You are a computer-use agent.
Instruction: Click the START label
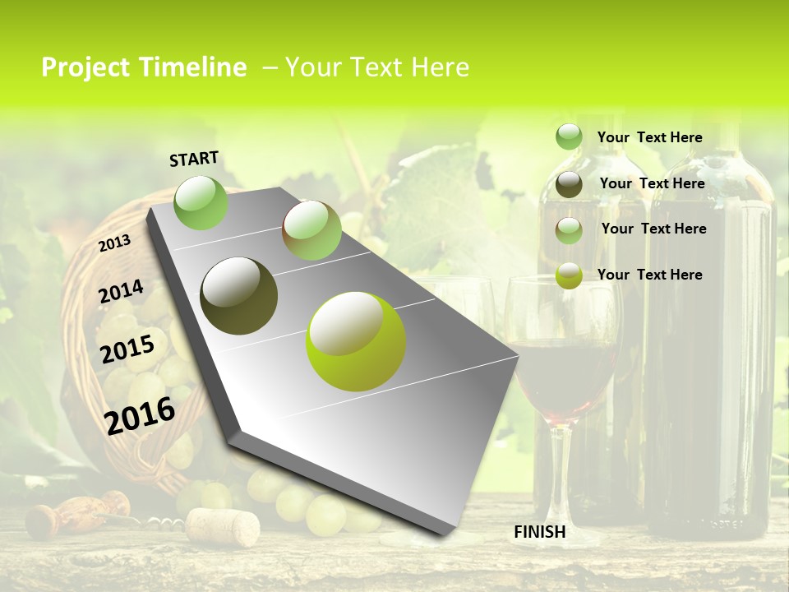pos(194,159)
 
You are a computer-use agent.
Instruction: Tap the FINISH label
pos(540,532)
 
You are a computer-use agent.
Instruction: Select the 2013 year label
pos(115,243)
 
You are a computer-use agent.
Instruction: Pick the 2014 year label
pos(121,292)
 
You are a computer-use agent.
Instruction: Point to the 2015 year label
pos(127,349)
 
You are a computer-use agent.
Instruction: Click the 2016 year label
pos(141,415)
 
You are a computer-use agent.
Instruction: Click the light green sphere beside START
pos(201,202)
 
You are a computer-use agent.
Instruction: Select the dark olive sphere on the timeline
pos(238,296)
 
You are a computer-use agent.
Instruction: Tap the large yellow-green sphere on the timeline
pos(356,341)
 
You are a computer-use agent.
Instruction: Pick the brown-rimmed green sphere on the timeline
pos(311,230)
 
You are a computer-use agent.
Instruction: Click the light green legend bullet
pos(569,137)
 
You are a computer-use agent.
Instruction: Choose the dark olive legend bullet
pos(569,184)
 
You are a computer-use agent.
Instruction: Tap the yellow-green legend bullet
pos(569,275)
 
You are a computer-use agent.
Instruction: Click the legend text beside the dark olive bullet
pos(653,183)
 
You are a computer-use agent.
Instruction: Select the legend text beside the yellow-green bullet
pos(650,275)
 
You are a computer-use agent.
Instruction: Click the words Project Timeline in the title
pos(144,67)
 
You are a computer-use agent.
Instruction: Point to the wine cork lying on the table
pos(222,526)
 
